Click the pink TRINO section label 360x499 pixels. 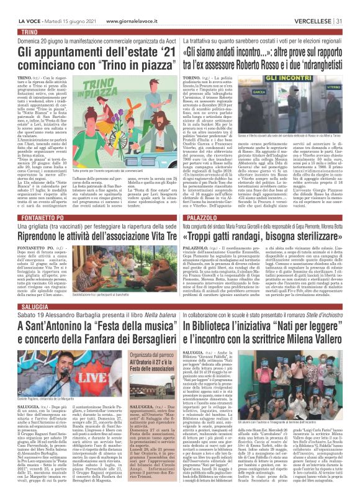point(29,31)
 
